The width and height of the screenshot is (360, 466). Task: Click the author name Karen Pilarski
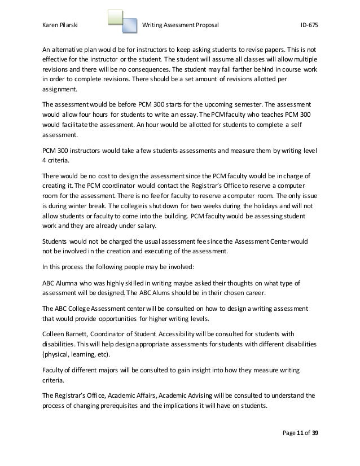pos(62,25)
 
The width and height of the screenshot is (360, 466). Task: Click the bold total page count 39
pos(322,433)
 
